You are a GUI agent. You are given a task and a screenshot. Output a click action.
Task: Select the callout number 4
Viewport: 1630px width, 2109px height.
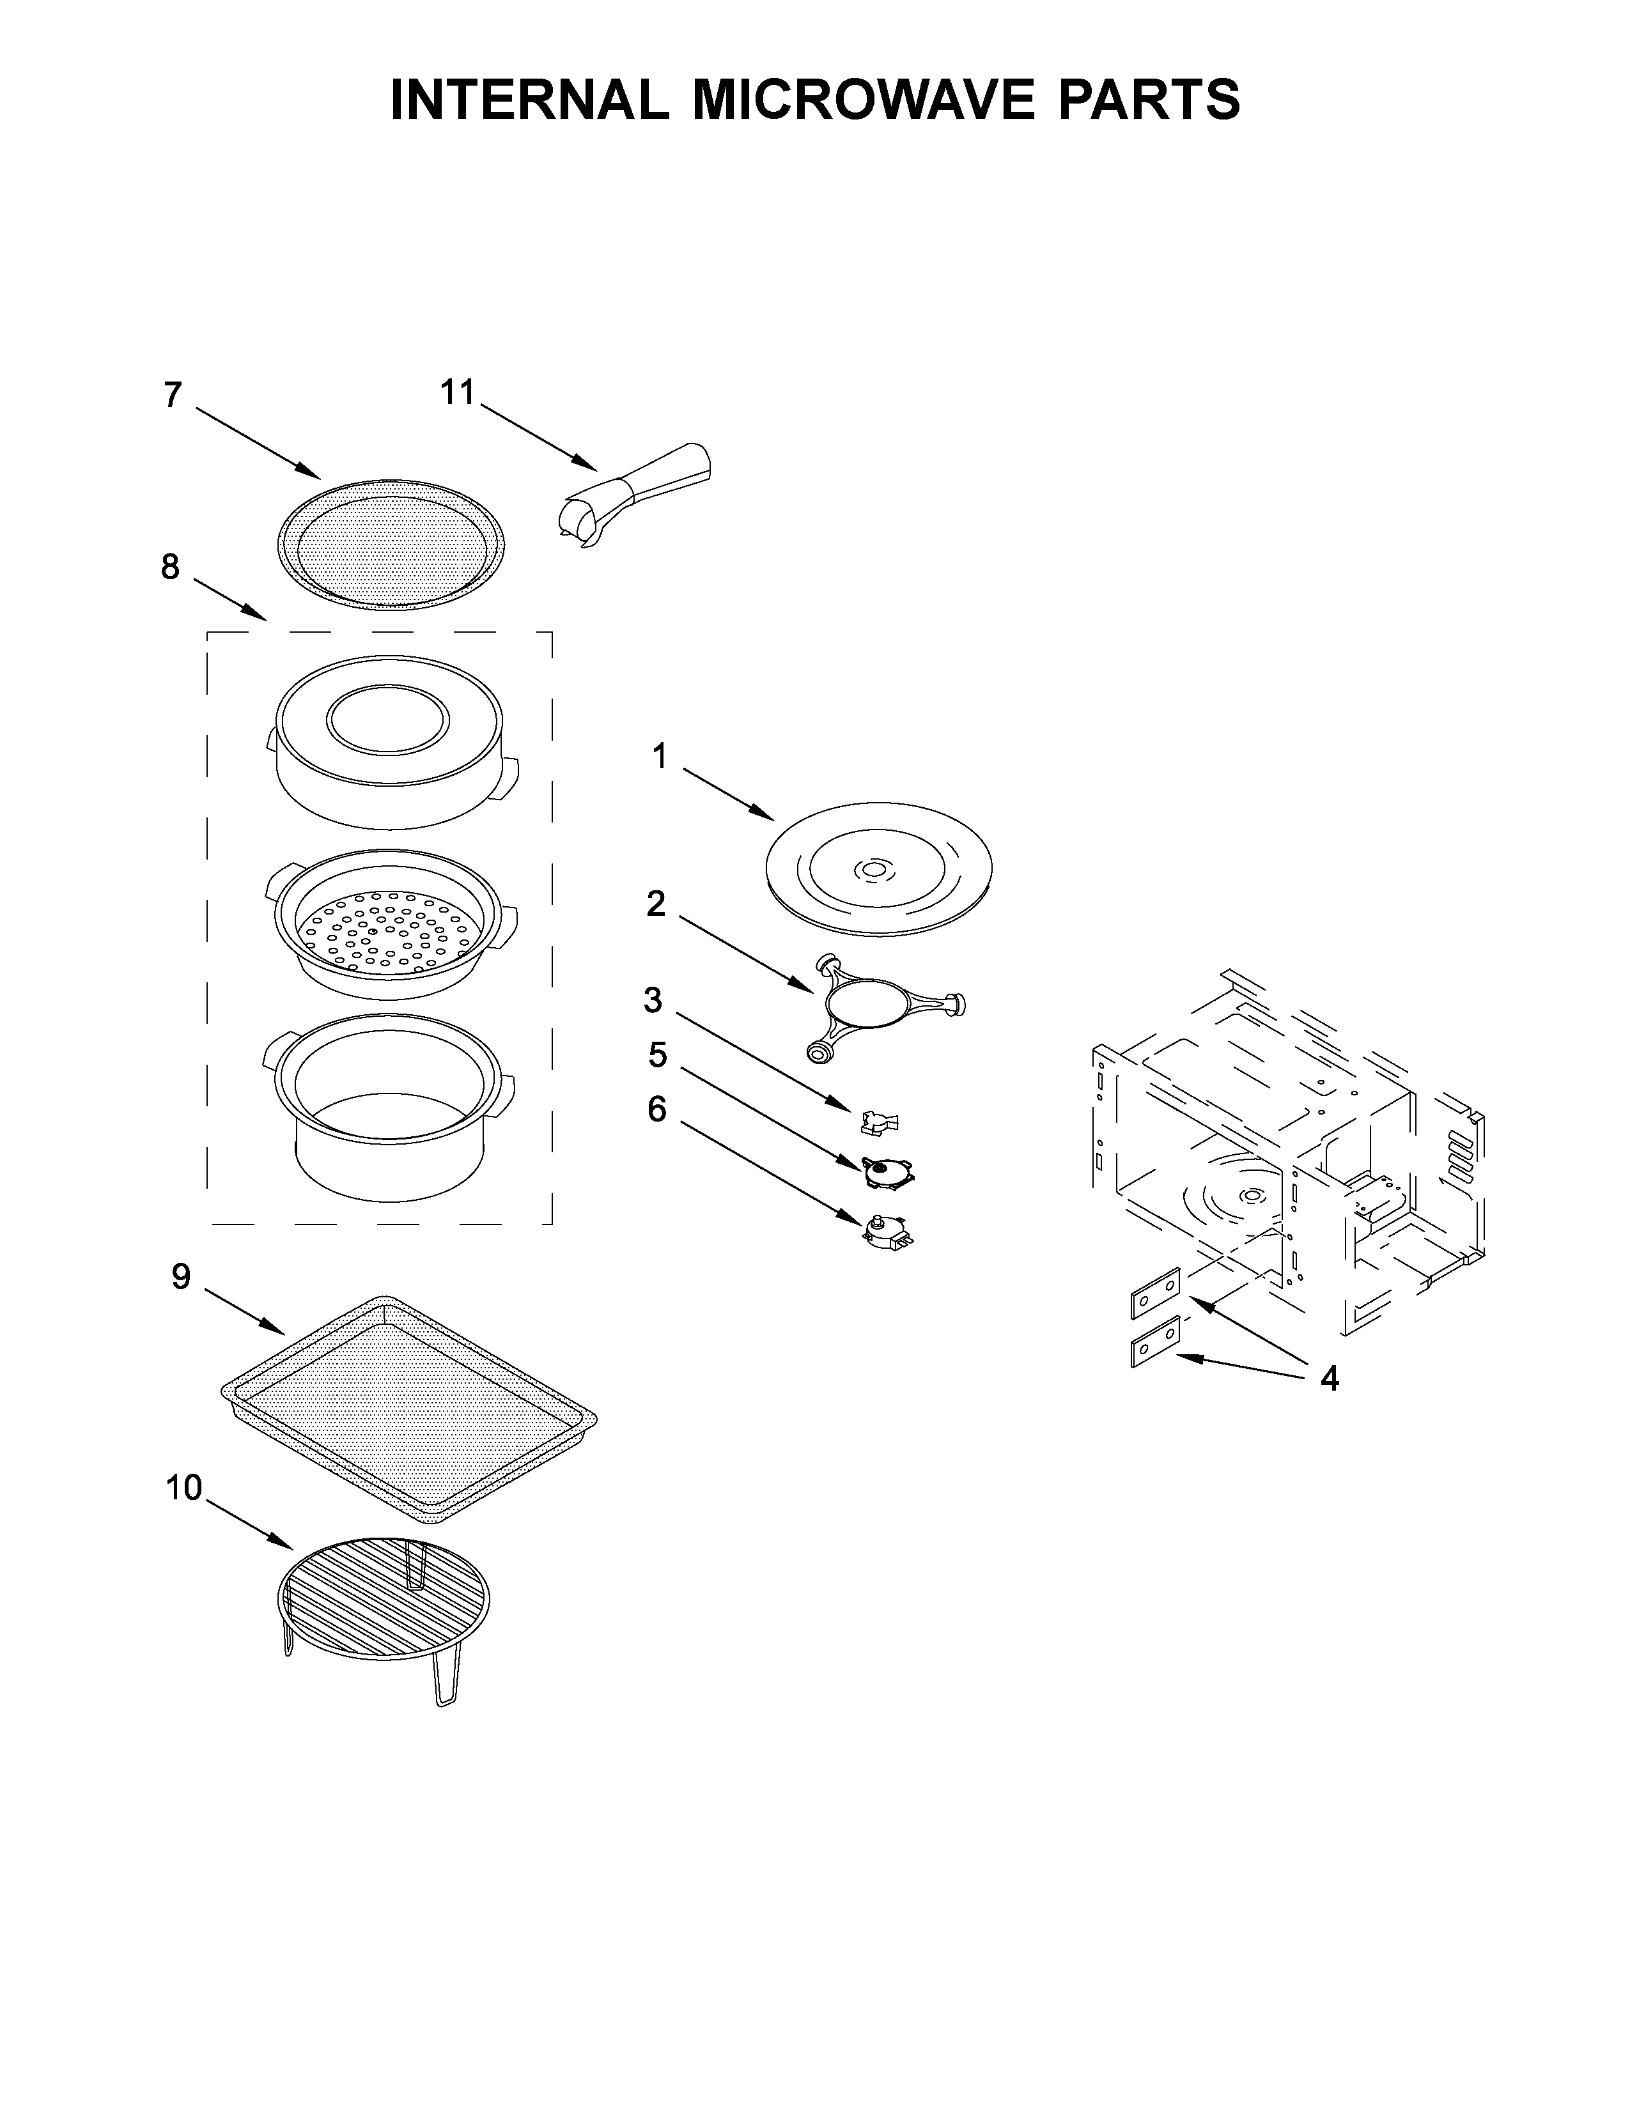coord(1329,1380)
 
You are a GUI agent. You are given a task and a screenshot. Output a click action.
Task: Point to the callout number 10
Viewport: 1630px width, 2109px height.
coord(183,1488)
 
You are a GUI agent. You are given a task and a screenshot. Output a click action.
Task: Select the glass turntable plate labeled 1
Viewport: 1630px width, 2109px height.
coord(878,868)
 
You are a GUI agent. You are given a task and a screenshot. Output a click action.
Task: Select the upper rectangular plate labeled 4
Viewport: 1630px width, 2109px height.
coord(1155,1293)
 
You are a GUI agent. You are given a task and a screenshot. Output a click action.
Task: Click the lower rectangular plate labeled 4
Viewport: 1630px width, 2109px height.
coord(1155,1341)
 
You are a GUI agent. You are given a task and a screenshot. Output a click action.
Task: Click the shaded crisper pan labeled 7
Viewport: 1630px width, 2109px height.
coord(390,546)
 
